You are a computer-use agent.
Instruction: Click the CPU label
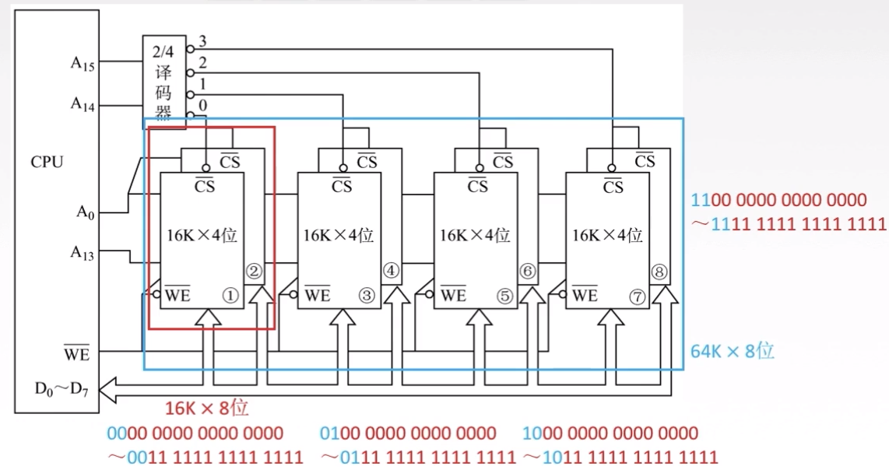pyautogui.click(x=47, y=163)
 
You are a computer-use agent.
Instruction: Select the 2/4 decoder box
pyautogui.click(x=163, y=79)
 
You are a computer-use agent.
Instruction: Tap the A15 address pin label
pyautogui.click(x=83, y=63)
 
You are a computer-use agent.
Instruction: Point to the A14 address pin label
pyautogui.click(x=83, y=103)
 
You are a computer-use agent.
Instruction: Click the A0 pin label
pyautogui.click(x=85, y=212)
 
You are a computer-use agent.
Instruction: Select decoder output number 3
pyautogui.click(x=202, y=40)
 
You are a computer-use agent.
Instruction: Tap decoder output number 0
pyautogui.click(x=202, y=105)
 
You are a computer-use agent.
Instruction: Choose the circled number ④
pyautogui.click(x=392, y=271)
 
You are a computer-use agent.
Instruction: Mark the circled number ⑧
pyautogui.click(x=660, y=271)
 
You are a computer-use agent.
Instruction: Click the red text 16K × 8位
pyautogui.click(x=206, y=408)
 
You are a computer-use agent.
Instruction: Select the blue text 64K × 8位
pyautogui.click(x=733, y=351)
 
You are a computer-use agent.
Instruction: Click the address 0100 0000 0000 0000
pyautogui.click(x=408, y=433)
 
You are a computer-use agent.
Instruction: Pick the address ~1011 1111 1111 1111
pyautogui.click(x=620, y=457)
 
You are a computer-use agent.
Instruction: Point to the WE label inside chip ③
pyautogui.click(x=317, y=295)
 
